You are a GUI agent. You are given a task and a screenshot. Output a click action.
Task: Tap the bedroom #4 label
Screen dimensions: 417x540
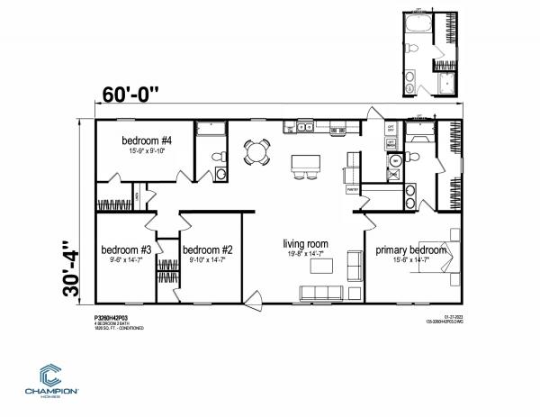pos(148,141)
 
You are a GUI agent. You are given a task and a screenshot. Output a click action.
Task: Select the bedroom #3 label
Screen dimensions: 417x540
pos(125,249)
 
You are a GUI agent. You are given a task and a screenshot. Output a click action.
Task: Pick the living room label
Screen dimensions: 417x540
pos(305,244)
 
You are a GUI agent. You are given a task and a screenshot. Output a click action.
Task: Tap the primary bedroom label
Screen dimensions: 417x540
pos(406,249)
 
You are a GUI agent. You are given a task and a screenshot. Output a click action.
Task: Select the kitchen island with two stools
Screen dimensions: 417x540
pos(304,166)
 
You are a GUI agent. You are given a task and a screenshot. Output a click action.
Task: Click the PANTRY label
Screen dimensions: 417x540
pos(353,191)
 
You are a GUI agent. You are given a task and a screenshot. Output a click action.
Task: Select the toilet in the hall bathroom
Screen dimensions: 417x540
pos(217,159)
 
